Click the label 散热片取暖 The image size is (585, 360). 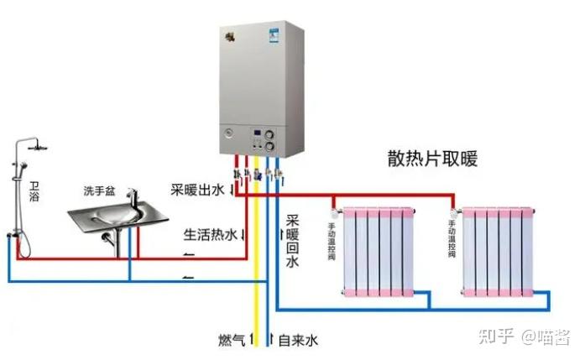432,159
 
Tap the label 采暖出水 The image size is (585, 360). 196,190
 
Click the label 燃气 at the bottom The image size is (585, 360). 231,340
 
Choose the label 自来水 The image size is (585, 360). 298,340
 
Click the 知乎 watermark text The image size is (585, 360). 496,337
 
